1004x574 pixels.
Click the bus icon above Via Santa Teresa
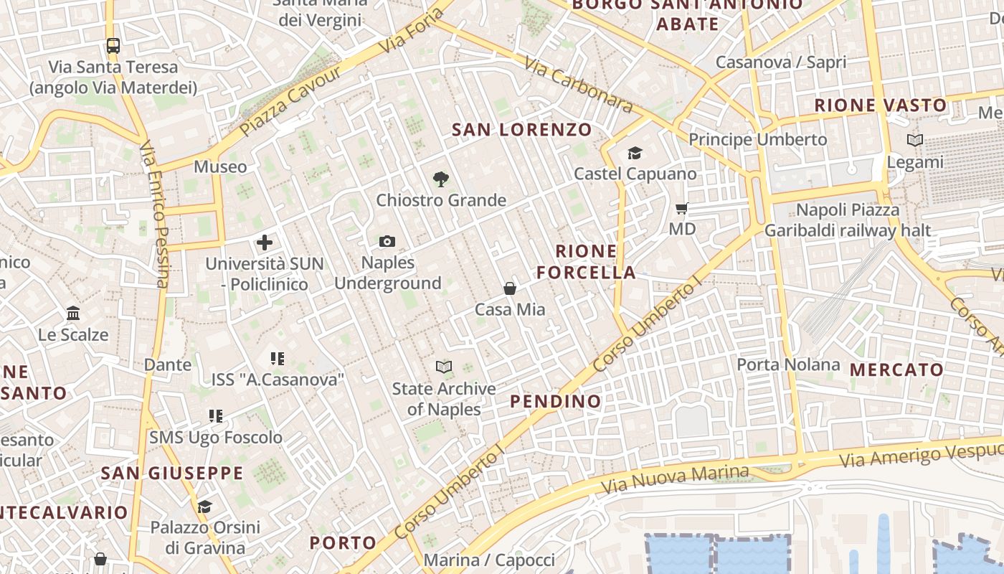pos(113,46)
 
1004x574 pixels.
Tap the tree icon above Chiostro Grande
pos(441,179)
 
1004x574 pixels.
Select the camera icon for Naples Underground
pos(387,242)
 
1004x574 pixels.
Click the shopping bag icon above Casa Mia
pos(510,288)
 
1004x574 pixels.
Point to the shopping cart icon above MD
pos(682,209)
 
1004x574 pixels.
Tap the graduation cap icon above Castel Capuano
pos(635,153)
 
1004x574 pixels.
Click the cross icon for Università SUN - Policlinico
pos(265,243)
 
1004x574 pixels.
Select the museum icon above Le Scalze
pos(73,314)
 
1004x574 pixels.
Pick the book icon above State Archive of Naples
pos(444,367)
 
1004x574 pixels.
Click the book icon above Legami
pos(915,141)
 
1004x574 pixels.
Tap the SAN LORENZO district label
pos(522,130)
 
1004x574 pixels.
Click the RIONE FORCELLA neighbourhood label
pos(586,262)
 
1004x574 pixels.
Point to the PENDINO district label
pos(556,401)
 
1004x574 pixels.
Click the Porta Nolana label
pos(788,364)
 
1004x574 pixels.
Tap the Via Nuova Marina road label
pos(675,479)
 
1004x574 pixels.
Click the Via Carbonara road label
pos(579,85)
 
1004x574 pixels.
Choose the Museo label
pos(220,167)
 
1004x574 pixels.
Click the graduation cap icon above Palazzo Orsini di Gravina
pos(205,507)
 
